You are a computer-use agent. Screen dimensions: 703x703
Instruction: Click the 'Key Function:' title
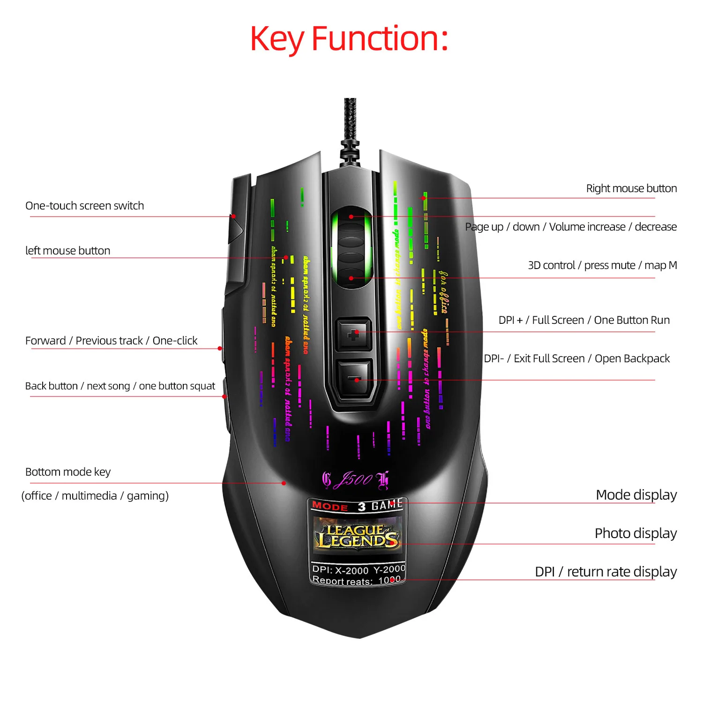click(349, 39)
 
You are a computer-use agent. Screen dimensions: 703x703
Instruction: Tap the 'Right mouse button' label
click(631, 188)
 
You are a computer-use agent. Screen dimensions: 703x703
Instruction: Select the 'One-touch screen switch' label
click(84, 206)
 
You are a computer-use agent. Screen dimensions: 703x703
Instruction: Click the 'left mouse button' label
click(67, 251)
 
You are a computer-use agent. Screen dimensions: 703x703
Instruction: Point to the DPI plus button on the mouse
click(354, 334)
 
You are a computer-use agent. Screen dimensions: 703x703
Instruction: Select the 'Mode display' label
click(636, 495)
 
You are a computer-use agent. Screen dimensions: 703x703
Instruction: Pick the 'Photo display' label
click(636, 533)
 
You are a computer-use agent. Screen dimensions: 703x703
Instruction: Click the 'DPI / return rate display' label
click(606, 572)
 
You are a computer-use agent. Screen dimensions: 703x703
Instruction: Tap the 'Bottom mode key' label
click(68, 472)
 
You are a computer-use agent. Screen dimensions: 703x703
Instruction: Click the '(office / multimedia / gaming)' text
click(95, 496)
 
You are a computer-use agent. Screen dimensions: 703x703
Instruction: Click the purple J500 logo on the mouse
click(355, 479)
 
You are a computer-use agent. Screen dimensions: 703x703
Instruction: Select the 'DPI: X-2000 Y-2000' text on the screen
click(359, 569)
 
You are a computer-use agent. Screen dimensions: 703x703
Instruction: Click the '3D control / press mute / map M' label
click(602, 265)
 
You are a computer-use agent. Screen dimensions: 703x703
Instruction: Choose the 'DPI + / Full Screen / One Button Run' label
click(584, 320)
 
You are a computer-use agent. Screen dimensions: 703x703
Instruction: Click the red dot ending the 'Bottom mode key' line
click(284, 483)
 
